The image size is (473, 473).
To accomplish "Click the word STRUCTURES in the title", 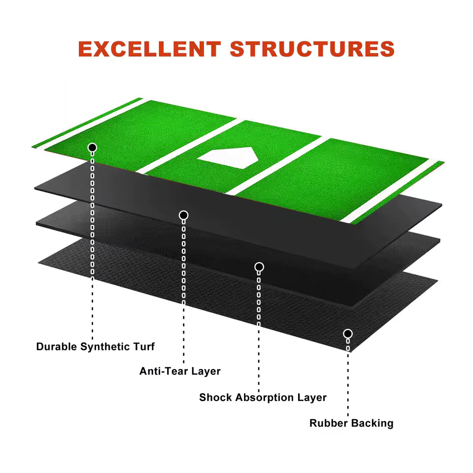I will click(312, 49).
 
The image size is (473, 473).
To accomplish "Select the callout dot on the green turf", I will click(92, 147).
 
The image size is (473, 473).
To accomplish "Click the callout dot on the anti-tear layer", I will click(183, 215).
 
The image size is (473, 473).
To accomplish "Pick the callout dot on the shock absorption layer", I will click(259, 267).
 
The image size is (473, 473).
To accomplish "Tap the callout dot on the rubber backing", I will click(348, 334).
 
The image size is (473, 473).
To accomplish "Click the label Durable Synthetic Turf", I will click(95, 347).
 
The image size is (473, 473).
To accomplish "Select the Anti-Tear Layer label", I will click(180, 371).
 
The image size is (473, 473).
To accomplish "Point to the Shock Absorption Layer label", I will click(263, 397).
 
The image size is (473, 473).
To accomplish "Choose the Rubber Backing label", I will click(351, 423).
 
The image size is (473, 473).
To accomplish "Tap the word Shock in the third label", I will click(215, 397).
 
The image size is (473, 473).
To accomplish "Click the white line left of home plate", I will click(190, 146).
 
